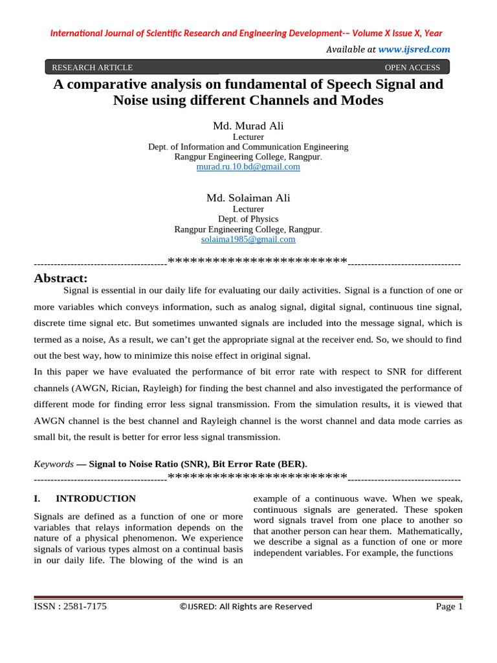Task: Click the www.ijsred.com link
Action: [x=414, y=49]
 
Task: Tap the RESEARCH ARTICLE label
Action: [x=92, y=67]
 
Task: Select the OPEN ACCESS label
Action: [x=412, y=67]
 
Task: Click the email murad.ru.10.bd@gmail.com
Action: [x=248, y=166]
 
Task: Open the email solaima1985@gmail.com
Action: [x=248, y=239]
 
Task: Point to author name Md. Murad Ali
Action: [x=248, y=126]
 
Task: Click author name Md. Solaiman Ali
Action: [x=248, y=197]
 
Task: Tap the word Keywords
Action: [x=54, y=464]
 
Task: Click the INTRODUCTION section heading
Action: [x=96, y=499]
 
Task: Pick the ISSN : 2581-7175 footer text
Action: [x=70, y=607]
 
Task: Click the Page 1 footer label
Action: [x=449, y=607]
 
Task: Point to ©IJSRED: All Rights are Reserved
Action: [x=245, y=607]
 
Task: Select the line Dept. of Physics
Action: [x=248, y=219]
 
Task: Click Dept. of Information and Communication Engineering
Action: [x=248, y=147]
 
